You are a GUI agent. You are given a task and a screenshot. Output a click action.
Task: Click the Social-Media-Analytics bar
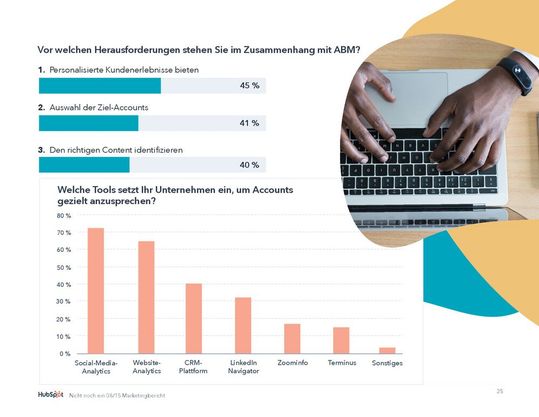pos(96,291)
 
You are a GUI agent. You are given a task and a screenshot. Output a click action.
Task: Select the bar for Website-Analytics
pos(146,297)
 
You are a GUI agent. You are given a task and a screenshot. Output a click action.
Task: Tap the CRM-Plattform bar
pos(193,318)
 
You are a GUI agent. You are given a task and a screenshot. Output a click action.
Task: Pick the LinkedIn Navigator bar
pos(243,325)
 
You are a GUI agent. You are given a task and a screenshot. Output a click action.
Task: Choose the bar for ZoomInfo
pos(292,338)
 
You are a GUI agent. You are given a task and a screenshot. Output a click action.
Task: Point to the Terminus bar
pos(341,340)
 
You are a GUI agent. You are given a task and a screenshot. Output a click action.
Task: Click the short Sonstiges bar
pos(387,350)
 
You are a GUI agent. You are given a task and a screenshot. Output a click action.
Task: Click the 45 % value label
pos(250,86)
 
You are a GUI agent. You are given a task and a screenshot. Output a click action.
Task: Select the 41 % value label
pos(250,123)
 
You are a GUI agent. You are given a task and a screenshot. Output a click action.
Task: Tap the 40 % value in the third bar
pos(250,165)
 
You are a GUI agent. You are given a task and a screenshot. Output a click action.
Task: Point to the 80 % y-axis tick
pos(63,216)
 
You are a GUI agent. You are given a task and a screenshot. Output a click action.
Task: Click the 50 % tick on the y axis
pos(63,268)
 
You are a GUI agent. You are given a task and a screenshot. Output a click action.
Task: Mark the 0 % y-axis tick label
pos(65,354)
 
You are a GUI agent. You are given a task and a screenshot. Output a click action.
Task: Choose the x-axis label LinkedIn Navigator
pos(243,367)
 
